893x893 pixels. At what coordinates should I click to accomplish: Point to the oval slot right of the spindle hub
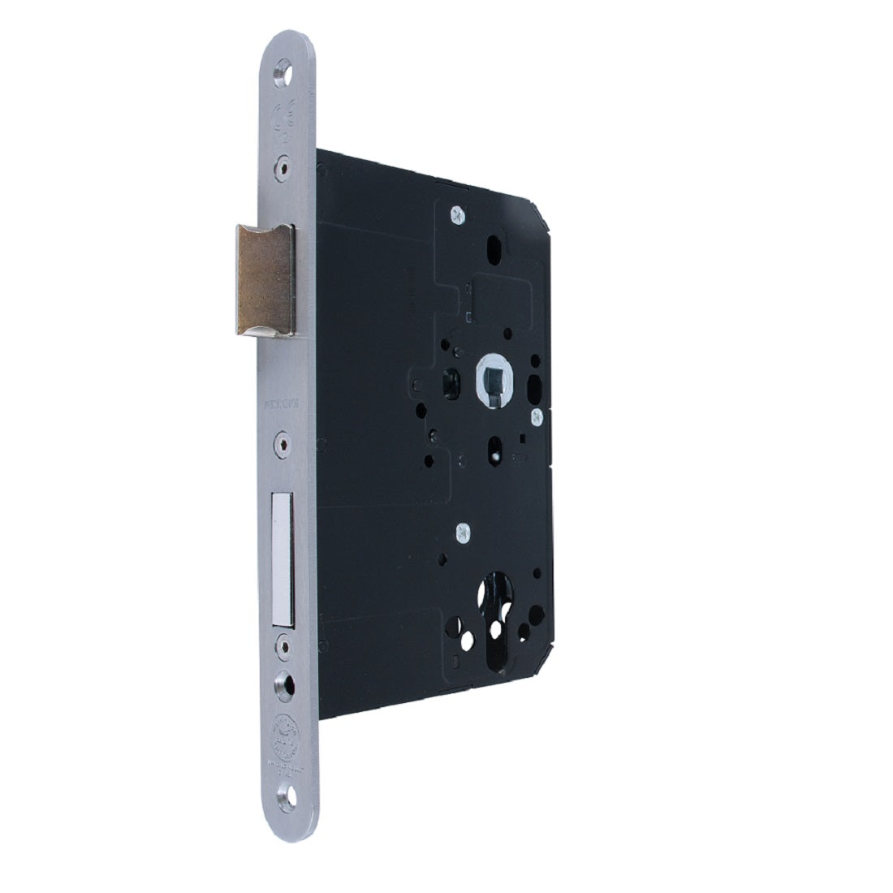click(535, 381)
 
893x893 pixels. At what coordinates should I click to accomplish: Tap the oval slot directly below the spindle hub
click(494, 446)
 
